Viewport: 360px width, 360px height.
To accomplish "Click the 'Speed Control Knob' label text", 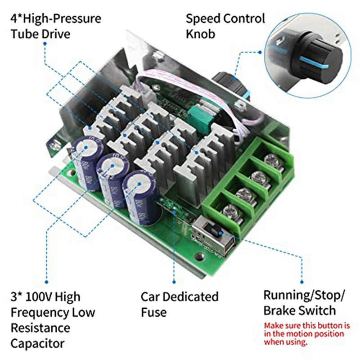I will tap(225, 26).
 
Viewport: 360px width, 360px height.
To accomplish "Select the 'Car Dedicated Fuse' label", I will tap(180, 304).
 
